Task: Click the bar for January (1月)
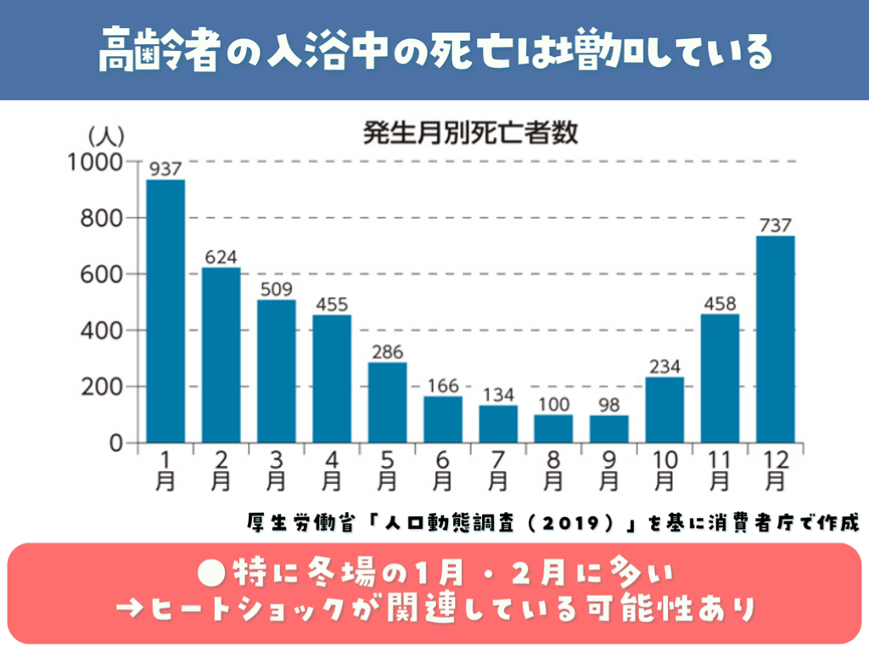coord(165,311)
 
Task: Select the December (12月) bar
coord(775,339)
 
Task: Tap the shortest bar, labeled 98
coord(608,429)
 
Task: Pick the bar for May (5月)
coord(387,402)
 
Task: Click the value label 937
coord(165,169)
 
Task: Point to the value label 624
coord(221,256)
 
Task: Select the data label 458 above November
coord(719,303)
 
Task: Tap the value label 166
coord(442,385)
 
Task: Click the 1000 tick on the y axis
coord(106,162)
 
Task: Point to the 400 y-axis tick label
coord(112,330)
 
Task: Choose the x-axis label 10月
coord(664,469)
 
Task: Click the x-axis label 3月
coord(276,469)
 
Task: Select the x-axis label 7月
coord(497,469)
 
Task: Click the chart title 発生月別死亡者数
coord(470,133)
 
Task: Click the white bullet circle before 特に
coord(207,573)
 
